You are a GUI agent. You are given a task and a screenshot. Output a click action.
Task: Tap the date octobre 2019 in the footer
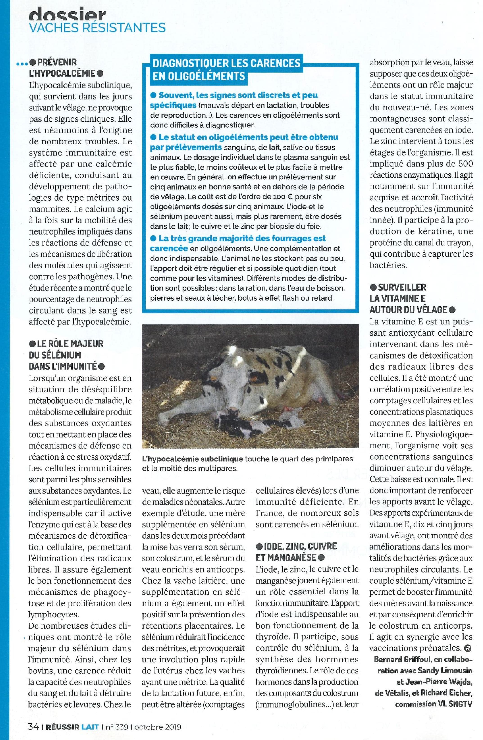[x=158, y=725]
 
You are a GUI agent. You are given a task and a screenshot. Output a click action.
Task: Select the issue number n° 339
[x=117, y=725]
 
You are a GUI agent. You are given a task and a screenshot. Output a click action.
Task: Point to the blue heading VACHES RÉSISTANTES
[x=97, y=28]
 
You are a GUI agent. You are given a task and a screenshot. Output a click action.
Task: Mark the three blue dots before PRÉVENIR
[x=21, y=64]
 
